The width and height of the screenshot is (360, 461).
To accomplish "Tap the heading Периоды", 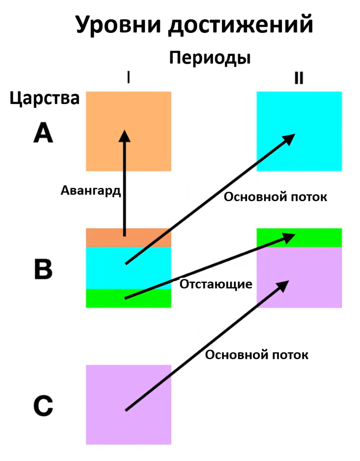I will (210, 58).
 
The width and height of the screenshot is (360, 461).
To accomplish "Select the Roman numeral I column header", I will (128, 78).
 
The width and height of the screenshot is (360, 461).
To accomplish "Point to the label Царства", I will (45, 98).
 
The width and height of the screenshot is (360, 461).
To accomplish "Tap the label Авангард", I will (91, 191).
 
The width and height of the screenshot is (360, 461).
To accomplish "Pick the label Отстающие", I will (216, 285).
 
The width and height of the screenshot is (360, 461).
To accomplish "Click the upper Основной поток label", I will (275, 197).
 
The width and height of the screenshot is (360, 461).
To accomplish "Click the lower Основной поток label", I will (256, 355).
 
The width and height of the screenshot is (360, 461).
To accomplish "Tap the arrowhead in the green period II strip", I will (289, 237).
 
